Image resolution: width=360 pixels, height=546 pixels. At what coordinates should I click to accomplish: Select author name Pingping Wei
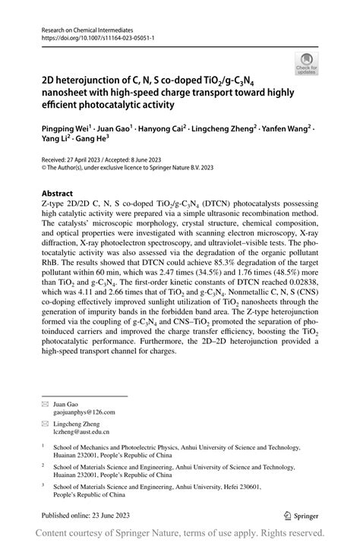[68, 129]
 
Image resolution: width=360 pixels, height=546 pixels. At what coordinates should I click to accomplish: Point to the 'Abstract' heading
[57, 193]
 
